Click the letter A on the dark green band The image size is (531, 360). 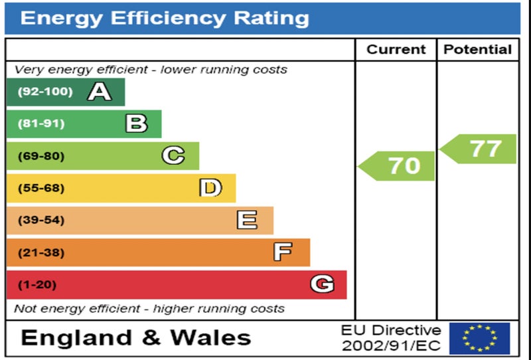tap(100, 92)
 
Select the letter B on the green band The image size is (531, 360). tap(136, 124)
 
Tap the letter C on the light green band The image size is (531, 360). tap(173, 155)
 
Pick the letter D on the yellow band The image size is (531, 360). tap(210, 188)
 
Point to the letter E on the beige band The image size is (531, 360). tap(248, 220)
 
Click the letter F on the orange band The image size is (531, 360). tap(283, 252)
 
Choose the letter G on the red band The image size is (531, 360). tap(322, 284)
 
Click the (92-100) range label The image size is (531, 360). tap(45, 92)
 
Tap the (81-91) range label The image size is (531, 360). tap(41, 124)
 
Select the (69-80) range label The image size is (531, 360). tap(41, 156)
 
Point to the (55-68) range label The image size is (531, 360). tap(41, 188)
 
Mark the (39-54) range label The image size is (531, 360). tap(41, 220)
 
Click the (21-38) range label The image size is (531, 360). tap(41, 252)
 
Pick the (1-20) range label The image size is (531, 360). tap(37, 285)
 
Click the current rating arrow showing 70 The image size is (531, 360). tap(398, 165)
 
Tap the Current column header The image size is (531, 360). tap(396, 50)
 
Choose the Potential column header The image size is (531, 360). tap(478, 50)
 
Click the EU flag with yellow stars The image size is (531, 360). tap(479, 338)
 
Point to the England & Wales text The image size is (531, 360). tap(136, 337)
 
